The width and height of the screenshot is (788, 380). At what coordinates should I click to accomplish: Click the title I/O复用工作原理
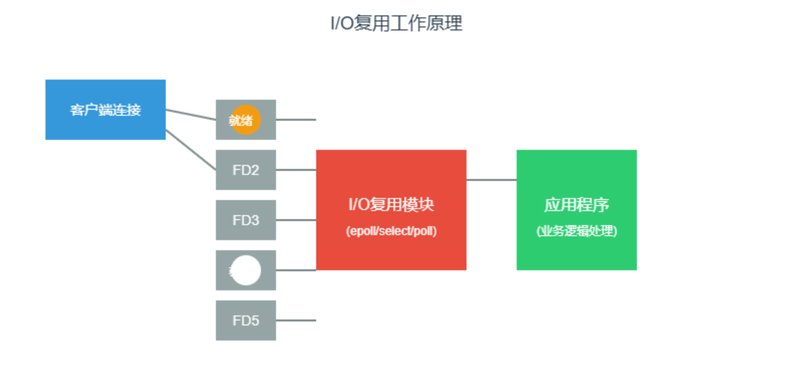click(396, 24)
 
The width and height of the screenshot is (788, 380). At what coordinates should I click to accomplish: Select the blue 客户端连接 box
click(105, 110)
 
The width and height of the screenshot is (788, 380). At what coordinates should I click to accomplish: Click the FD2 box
click(245, 170)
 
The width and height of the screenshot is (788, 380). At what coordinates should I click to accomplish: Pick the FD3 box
click(245, 220)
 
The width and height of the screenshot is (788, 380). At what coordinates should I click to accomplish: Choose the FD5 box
click(245, 320)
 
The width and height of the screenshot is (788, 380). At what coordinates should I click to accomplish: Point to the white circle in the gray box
click(245, 270)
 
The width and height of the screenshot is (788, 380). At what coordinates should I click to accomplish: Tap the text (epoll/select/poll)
click(391, 231)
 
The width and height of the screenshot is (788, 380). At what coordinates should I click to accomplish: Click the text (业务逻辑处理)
click(576, 231)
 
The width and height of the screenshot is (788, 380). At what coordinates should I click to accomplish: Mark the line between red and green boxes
click(491, 180)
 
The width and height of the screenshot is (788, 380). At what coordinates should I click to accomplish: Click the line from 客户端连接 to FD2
click(190, 150)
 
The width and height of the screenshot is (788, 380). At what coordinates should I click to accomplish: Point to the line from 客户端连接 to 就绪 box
click(190, 114)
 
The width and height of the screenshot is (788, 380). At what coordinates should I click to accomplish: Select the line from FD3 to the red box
click(295, 220)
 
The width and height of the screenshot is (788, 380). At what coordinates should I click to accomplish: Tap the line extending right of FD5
click(295, 320)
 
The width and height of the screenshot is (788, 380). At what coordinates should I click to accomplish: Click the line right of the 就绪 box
click(295, 120)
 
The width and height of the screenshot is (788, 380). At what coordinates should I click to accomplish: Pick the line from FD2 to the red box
click(295, 170)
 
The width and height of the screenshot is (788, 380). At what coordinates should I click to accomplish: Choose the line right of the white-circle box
click(295, 270)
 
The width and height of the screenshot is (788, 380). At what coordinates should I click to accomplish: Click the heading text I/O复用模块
click(391, 205)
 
